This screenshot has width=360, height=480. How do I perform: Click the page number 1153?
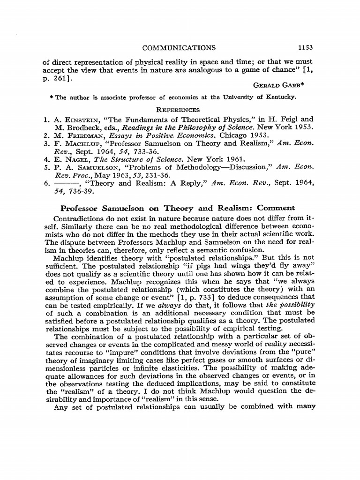click(x=305, y=47)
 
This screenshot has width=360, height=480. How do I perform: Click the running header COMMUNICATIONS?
click(x=179, y=47)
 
